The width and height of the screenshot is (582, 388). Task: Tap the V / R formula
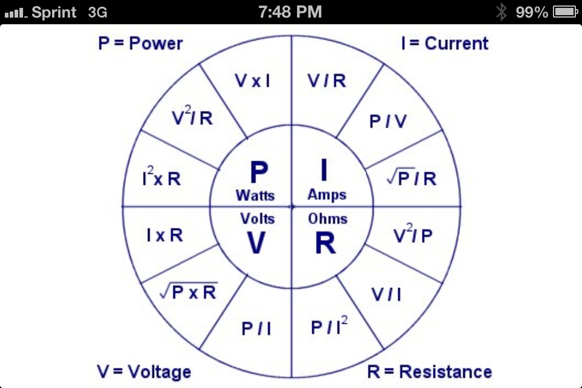click(327, 81)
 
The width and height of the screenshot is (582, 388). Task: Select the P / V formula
click(388, 122)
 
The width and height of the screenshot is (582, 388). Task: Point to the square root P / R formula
click(412, 179)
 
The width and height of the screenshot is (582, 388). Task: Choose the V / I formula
click(386, 294)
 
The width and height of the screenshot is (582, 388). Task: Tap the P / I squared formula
click(330, 327)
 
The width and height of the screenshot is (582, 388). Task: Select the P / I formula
click(256, 329)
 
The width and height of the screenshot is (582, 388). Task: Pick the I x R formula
click(164, 235)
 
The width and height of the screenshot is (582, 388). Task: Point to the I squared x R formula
click(161, 179)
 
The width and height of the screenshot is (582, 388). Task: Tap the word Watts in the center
click(255, 195)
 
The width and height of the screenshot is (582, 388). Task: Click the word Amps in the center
click(327, 195)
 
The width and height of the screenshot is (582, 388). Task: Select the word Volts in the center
click(258, 218)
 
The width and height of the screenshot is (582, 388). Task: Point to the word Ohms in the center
click(327, 218)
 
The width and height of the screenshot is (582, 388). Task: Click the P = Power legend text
click(140, 44)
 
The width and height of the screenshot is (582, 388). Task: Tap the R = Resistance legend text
click(429, 371)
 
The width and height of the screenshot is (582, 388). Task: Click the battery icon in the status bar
click(564, 12)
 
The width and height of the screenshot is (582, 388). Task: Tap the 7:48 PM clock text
click(290, 12)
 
